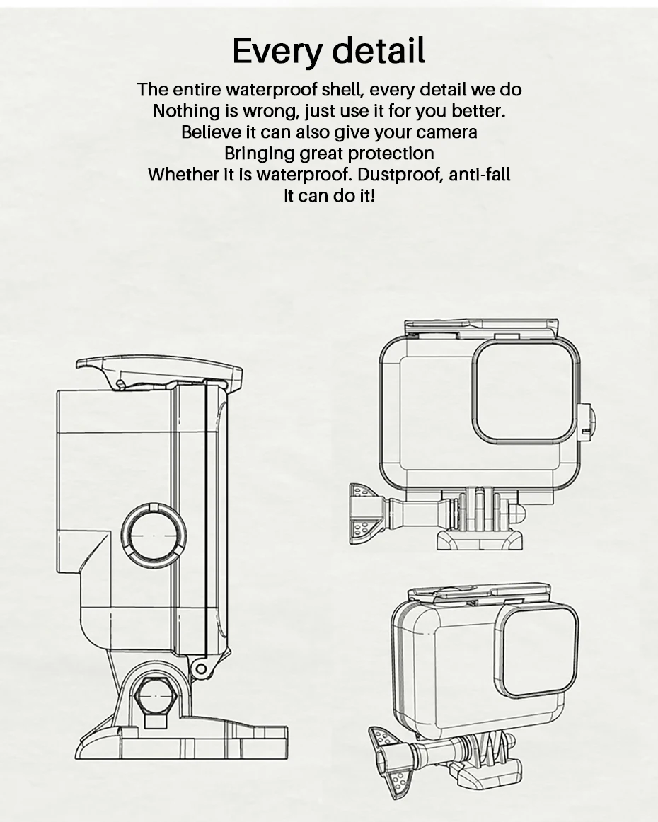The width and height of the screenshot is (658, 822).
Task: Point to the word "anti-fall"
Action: [x=480, y=175]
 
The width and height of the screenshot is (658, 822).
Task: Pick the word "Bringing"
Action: [x=259, y=154]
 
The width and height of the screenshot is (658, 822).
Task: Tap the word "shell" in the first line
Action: [x=342, y=90]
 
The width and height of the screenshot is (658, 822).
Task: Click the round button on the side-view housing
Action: [x=154, y=535]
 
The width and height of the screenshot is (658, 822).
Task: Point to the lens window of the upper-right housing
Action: [x=524, y=394]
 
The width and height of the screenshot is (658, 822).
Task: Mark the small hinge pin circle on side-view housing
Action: [x=201, y=668]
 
